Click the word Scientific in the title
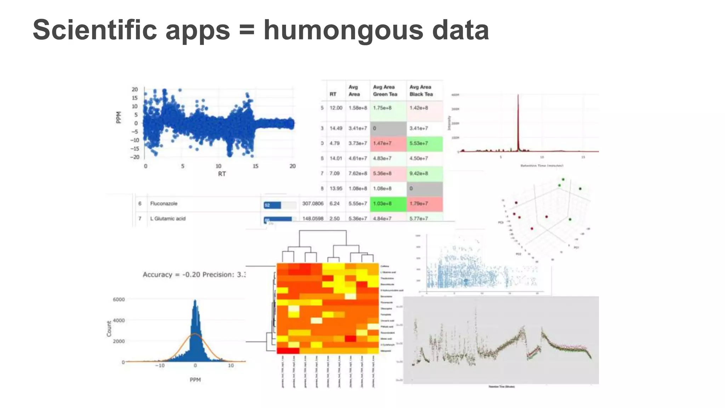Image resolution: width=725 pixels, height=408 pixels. pyautogui.click(x=95, y=30)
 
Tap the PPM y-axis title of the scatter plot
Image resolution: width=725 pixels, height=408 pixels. pyautogui.click(x=119, y=118)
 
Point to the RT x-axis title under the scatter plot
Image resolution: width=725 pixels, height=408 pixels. pyautogui.click(x=222, y=174)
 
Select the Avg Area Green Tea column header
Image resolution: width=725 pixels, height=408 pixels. pyautogui.click(x=385, y=91)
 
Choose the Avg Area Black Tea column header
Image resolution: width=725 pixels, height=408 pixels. pyautogui.click(x=421, y=91)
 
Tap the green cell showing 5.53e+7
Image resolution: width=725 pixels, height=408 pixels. pyautogui.click(x=419, y=143)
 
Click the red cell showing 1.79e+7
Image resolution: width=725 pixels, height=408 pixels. pyautogui.click(x=419, y=204)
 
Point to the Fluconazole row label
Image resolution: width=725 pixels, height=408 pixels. pyautogui.click(x=164, y=204)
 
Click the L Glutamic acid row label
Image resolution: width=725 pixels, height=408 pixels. pyautogui.click(x=167, y=219)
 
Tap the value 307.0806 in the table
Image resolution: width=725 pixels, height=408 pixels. pyautogui.click(x=313, y=204)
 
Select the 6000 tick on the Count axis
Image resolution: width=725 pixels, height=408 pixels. pyautogui.click(x=119, y=300)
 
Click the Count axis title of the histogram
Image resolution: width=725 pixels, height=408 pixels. pyautogui.click(x=109, y=329)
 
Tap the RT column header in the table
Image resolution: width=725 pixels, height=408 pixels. pyautogui.click(x=333, y=94)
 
